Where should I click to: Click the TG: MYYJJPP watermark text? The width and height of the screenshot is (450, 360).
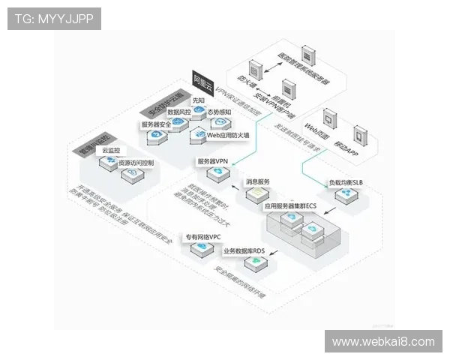[x=54, y=19]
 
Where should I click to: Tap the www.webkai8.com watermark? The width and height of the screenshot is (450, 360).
[x=383, y=342]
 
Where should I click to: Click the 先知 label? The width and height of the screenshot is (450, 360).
[x=199, y=99]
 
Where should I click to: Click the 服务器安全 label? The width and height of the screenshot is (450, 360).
[x=158, y=124]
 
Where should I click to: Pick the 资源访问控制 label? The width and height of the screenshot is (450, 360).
[x=136, y=163]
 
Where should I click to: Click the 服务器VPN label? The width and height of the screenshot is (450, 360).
[x=213, y=161]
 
